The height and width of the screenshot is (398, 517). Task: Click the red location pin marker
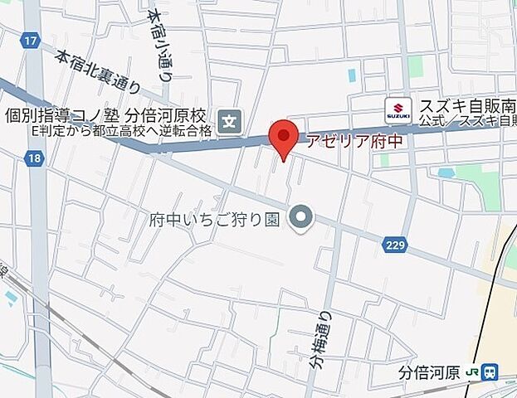click(x=285, y=137)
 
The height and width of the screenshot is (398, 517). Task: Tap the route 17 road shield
click(x=32, y=40)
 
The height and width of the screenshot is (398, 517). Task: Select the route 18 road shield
click(x=34, y=158)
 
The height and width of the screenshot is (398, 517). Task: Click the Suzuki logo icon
click(x=398, y=108)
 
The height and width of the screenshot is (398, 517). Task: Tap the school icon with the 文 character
click(x=230, y=122)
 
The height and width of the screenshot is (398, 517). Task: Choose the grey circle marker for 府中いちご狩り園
click(x=301, y=219)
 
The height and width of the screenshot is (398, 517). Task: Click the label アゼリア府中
click(x=354, y=142)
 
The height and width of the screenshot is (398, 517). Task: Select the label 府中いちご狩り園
click(x=216, y=220)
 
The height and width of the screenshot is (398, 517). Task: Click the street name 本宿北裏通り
click(x=100, y=73)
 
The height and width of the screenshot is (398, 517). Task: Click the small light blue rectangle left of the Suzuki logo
click(x=353, y=75)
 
